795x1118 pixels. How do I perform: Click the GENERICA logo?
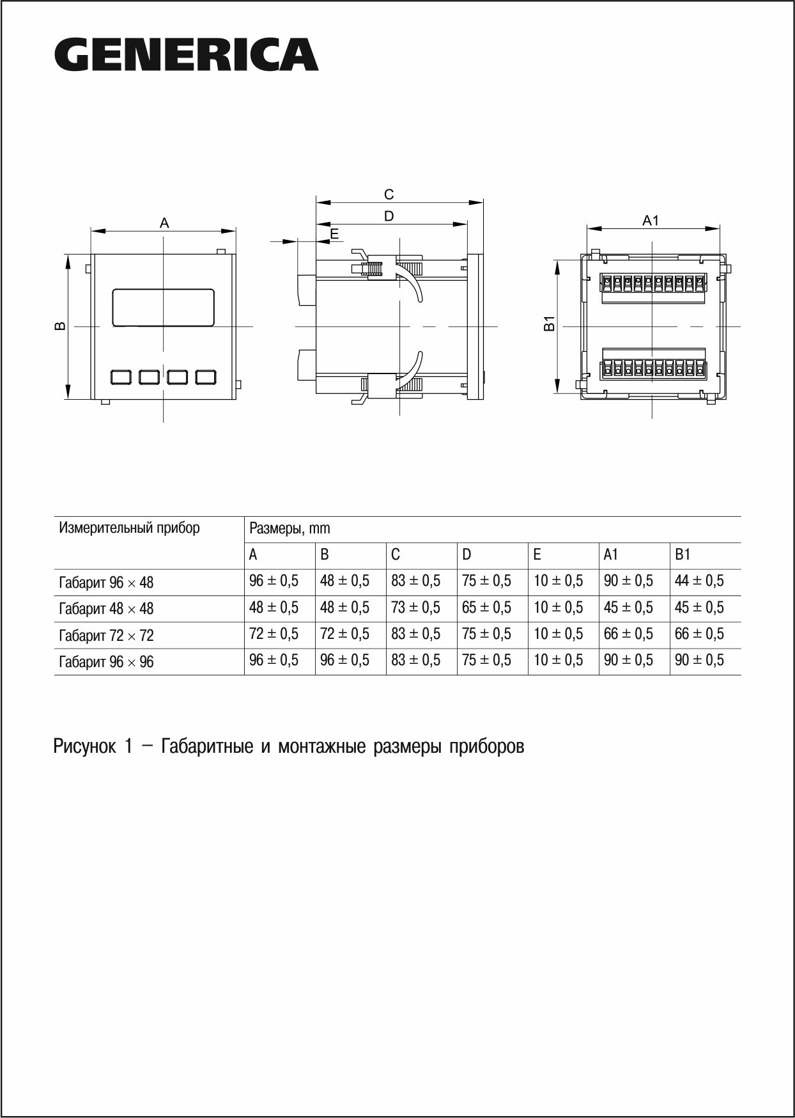186,55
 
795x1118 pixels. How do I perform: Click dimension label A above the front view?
164,223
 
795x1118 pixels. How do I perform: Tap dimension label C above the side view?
389,194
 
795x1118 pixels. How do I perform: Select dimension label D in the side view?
389,216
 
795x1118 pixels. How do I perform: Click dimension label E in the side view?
334,234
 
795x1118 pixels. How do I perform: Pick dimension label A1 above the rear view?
650,221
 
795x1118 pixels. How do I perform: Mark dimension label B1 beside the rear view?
548,324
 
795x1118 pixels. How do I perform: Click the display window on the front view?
164,308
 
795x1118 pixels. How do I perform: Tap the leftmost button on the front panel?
121,377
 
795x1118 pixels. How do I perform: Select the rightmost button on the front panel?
206,377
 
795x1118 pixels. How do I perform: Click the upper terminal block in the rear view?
651,281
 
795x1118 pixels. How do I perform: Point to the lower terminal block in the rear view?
651,368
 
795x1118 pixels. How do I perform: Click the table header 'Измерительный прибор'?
129,528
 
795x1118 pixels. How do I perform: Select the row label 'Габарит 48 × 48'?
106,609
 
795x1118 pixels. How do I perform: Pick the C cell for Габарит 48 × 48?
415,608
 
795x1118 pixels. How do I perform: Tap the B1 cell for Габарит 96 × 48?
699,581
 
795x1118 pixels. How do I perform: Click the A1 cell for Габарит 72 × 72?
628,634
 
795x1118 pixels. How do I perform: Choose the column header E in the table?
537,555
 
